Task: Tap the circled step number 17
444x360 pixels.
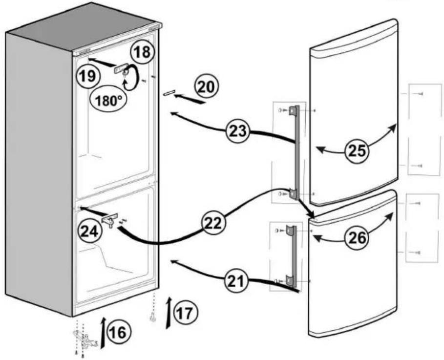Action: (x=186, y=313)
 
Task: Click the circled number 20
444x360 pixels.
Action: (x=207, y=87)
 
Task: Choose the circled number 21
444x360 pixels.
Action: (x=236, y=281)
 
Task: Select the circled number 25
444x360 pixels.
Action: (x=357, y=150)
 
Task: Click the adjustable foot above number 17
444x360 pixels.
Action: (x=153, y=318)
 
